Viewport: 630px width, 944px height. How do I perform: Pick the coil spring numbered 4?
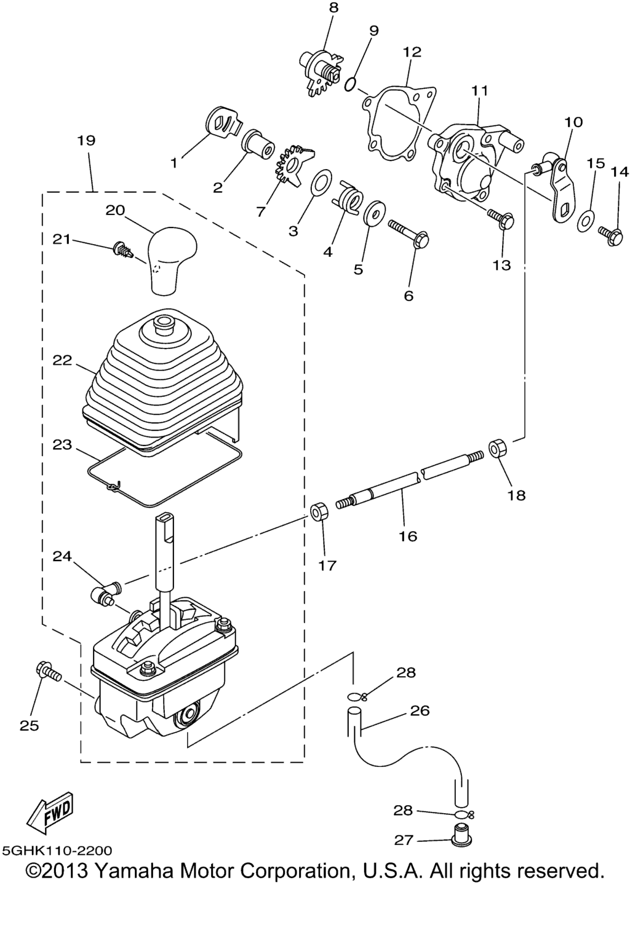[351, 198]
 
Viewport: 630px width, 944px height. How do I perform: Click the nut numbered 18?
[497, 448]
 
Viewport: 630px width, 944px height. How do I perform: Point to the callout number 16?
[408, 536]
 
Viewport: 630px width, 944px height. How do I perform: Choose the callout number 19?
[86, 140]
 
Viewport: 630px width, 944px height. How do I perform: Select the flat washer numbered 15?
[586, 221]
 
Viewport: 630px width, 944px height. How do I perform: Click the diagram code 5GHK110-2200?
[57, 851]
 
